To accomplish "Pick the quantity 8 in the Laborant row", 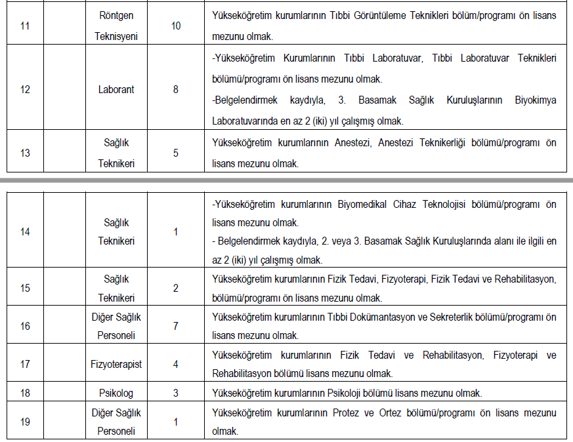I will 175,89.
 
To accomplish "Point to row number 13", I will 25,153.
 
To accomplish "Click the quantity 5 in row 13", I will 175,153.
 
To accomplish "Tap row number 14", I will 25,232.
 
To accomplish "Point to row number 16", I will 25,326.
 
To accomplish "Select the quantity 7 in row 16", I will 175,326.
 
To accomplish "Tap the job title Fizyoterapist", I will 116,364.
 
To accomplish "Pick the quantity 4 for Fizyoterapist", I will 175,364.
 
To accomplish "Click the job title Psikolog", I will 116,393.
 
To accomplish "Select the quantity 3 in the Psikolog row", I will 175,393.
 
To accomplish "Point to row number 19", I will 25,422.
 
